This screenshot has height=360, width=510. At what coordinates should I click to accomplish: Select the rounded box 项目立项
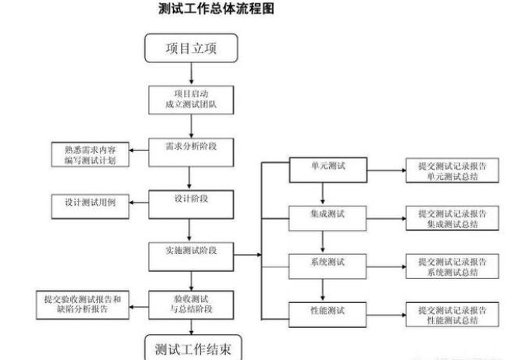pyautogui.click(x=190, y=49)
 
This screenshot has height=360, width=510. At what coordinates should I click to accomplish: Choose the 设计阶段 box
pyautogui.click(x=190, y=203)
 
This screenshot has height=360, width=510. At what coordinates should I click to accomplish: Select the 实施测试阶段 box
pyautogui.click(x=190, y=253)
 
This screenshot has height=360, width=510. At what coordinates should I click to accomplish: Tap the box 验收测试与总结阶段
pyautogui.click(x=190, y=303)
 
